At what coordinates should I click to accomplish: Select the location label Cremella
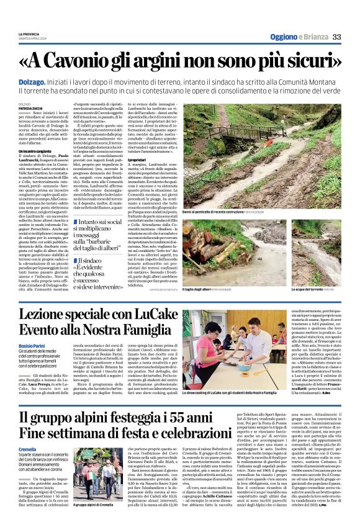(x=27, y=448)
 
